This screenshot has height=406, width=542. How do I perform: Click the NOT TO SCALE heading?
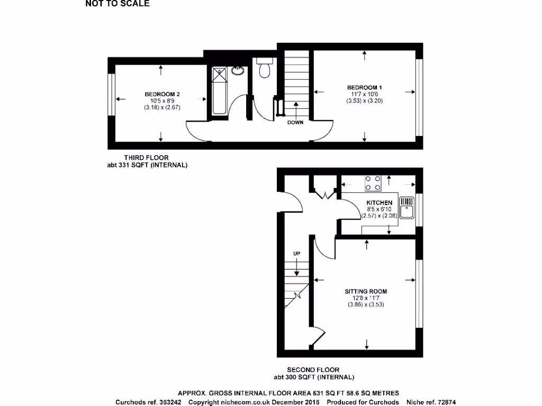tap(118, 4)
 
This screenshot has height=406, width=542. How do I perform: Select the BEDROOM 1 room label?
tap(364, 87)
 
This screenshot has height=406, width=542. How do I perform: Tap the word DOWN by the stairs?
tap(295, 123)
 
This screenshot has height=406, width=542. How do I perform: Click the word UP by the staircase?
tap(296, 254)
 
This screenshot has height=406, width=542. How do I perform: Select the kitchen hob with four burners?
tap(373, 183)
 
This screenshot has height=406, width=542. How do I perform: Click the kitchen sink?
tap(406, 208)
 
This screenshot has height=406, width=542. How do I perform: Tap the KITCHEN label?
tap(379, 202)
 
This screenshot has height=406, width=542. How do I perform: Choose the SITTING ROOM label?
tap(366, 291)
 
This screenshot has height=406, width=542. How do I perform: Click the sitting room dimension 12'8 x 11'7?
tap(366, 298)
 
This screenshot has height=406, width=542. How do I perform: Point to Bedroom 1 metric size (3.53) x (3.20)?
tap(364, 100)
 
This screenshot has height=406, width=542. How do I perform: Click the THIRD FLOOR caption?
tap(147, 158)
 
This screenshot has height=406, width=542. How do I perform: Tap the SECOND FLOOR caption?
tap(313, 370)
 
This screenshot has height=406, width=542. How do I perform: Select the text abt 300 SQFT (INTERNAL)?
tap(313, 377)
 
